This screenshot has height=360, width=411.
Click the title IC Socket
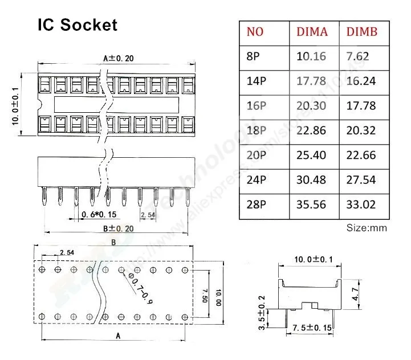78,25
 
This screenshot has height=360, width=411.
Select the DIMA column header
312,32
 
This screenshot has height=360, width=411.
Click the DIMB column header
362,32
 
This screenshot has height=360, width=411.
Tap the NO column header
255,32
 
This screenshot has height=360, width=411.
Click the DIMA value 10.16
311,56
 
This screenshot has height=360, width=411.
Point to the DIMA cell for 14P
311,81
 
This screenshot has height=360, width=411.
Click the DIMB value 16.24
361,81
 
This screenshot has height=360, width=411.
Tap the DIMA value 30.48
311,179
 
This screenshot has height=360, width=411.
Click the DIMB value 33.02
361,204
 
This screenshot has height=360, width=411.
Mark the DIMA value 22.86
311,130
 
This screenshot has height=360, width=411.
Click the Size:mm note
367,228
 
